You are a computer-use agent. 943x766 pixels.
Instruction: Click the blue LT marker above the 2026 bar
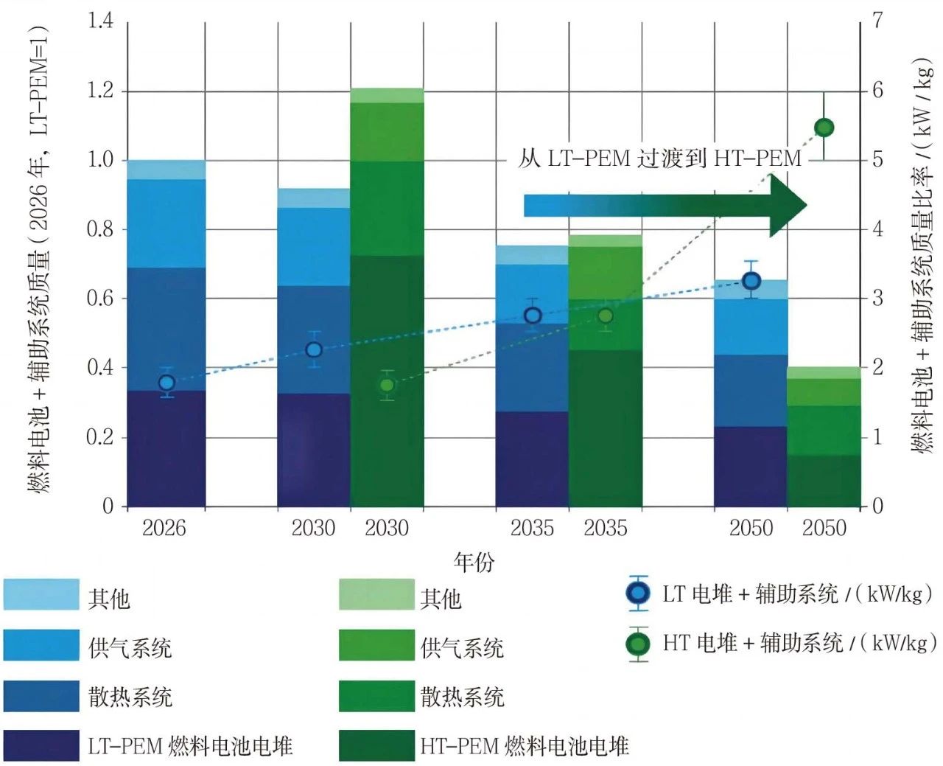166,383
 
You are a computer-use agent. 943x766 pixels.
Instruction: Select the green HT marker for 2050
824,128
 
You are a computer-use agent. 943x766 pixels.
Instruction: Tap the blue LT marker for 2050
751,281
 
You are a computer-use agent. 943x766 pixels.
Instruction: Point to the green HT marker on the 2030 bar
387,385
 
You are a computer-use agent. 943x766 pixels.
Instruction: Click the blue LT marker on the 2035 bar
533,316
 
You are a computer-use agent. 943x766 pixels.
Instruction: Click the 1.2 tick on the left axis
100,91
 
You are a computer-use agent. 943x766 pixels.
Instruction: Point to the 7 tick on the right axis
877,21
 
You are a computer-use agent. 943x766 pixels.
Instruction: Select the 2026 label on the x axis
164,528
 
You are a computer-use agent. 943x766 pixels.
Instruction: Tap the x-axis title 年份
474,563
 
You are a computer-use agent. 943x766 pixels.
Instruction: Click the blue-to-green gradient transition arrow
663,206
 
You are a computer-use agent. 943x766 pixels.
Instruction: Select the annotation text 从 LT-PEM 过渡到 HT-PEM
659,158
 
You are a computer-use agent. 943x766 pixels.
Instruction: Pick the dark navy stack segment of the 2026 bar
166,448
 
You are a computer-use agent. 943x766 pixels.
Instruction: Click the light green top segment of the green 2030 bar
387,95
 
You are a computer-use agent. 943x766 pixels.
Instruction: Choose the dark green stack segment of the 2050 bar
824,481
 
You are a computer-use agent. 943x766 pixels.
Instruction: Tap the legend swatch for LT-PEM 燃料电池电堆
41,745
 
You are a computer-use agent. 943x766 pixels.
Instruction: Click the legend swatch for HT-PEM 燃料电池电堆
376,745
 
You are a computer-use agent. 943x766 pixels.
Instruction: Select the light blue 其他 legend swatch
41,595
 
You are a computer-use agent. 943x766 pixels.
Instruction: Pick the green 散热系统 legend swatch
376,696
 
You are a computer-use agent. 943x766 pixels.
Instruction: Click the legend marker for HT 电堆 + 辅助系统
638,644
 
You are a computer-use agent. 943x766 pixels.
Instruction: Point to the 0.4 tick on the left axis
100,367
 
